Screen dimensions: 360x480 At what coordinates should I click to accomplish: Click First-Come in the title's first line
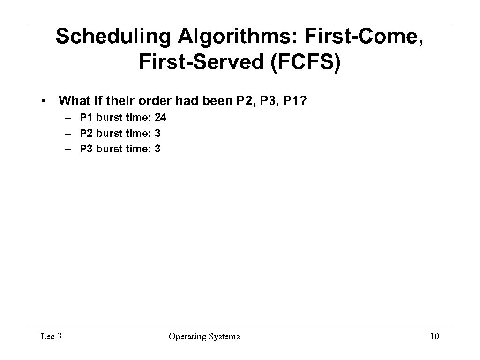click(363, 37)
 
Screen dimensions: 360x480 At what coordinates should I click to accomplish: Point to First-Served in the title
click(202, 62)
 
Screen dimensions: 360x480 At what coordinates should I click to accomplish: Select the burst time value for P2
click(157, 134)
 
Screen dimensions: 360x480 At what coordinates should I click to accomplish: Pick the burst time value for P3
click(157, 150)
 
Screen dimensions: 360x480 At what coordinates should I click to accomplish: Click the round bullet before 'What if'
click(43, 101)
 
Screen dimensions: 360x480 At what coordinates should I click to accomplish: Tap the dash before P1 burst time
click(69, 118)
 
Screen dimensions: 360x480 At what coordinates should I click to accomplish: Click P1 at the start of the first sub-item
click(87, 118)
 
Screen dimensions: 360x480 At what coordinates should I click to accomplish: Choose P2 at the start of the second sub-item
click(87, 134)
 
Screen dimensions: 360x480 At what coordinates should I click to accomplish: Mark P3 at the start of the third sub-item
click(87, 150)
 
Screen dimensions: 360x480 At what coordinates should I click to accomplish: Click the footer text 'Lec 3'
click(51, 336)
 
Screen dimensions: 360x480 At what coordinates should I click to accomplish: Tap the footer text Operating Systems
click(204, 336)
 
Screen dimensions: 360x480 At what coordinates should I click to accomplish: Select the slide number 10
click(434, 336)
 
